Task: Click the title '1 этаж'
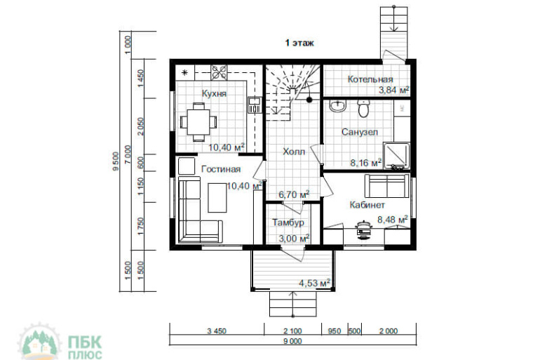299,43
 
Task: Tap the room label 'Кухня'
214,93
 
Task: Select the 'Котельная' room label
370,79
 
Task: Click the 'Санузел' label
360,132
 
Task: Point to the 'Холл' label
294,152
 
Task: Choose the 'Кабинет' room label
367,205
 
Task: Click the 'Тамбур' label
288,222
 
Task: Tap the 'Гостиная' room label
221,169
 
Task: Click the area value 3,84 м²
394,91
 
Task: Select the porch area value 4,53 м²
315,284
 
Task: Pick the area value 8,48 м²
393,220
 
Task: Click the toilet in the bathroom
363,108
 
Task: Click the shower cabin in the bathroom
397,156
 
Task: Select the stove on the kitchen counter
219,72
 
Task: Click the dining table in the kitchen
198,121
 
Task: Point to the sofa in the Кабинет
387,186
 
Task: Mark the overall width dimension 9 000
292,341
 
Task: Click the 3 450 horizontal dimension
217,331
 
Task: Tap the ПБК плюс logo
60,341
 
